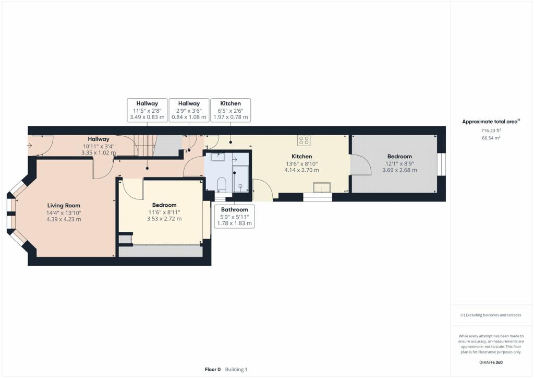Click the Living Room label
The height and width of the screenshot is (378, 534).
(64, 206)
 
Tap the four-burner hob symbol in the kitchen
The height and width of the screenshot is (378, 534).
(304, 140)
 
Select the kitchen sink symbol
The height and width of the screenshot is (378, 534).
(322, 187)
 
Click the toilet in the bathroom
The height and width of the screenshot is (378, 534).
(221, 184)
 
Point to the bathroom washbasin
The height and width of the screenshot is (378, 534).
(217, 157)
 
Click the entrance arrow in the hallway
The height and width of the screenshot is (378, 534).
(30, 146)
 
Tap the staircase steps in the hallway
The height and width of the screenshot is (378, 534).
(145, 146)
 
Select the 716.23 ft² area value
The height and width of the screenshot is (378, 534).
(491, 130)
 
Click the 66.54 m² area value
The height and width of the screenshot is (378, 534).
(491, 138)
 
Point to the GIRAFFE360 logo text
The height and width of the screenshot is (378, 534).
(491, 362)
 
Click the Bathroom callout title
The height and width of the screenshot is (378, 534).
(234, 209)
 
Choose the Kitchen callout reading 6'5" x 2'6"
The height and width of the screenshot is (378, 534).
(230, 110)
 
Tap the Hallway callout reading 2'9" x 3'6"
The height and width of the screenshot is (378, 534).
(189, 110)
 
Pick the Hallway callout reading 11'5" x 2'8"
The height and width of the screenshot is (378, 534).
(147, 110)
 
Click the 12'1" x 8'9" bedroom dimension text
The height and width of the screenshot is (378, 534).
(399, 163)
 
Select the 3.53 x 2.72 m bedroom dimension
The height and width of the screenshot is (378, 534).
(164, 219)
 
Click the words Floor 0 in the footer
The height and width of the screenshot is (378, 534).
(213, 370)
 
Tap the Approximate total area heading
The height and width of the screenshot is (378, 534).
(490, 122)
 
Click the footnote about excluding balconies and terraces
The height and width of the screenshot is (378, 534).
(491, 315)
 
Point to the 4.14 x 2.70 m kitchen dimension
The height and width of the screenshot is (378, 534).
(302, 170)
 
